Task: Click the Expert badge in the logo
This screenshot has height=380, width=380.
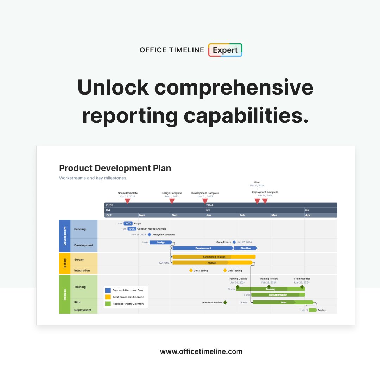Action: pos(225,50)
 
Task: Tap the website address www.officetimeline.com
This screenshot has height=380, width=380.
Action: pos(201,351)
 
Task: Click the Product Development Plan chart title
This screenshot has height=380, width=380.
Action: pos(115,168)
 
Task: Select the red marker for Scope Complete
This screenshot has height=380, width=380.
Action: pos(128,201)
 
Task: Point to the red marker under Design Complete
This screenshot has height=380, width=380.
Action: pos(172,201)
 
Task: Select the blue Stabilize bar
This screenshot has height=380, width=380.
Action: pos(245,248)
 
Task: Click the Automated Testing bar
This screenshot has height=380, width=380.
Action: pos(214,257)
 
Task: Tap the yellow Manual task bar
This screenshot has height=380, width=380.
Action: pos(212,262)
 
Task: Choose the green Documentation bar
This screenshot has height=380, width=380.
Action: pos(278,295)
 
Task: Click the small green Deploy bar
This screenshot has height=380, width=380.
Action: pos(312,310)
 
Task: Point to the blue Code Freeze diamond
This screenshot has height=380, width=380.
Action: pos(234,242)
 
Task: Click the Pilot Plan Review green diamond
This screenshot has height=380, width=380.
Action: pos(225,302)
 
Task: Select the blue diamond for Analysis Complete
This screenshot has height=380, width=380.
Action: pos(150,234)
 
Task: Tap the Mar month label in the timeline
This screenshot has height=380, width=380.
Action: pos(274,215)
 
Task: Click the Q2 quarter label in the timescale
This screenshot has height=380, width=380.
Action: pos(307,210)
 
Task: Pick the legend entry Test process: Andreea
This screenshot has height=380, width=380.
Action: pos(125,297)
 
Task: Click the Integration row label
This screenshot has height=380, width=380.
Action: pos(82,270)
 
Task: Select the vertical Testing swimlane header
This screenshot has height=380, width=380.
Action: pos(65,264)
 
